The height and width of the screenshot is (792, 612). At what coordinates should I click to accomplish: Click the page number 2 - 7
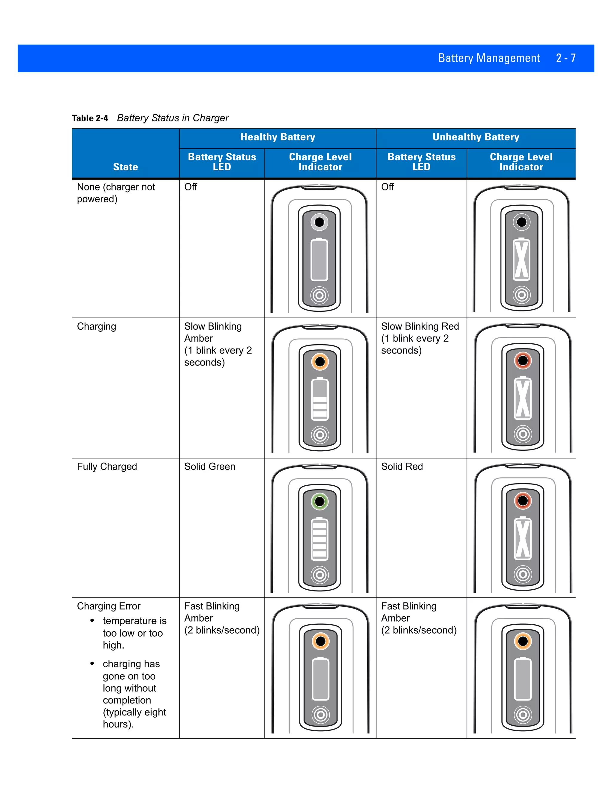coord(566,58)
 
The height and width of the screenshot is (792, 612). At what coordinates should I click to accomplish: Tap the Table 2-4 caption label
coord(90,118)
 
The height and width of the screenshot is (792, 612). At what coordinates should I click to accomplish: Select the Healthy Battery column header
coord(278,137)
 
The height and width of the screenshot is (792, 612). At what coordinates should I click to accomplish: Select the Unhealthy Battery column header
coord(476,137)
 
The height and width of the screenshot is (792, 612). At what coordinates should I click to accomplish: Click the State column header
coord(126,167)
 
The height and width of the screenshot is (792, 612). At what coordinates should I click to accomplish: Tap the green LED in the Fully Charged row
coord(320,502)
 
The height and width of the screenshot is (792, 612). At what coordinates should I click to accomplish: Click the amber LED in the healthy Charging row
coord(320,362)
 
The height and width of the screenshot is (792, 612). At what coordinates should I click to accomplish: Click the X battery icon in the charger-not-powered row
coord(521,260)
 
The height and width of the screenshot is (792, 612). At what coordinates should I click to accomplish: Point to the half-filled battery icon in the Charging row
coord(320,399)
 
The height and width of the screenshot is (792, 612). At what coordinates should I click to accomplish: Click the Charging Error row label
coord(109,606)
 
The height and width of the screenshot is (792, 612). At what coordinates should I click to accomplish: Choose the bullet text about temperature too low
coord(134,633)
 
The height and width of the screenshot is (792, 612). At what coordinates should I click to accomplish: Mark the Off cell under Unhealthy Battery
coord(387,187)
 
